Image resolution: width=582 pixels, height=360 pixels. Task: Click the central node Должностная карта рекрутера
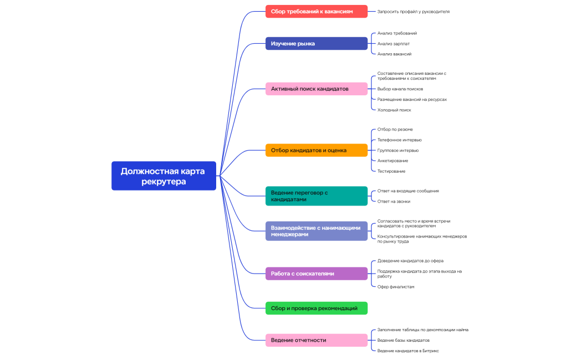(x=164, y=176)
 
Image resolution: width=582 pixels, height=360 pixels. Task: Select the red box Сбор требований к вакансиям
(x=316, y=11)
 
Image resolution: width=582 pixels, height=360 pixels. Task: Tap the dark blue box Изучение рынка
(x=316, y=43)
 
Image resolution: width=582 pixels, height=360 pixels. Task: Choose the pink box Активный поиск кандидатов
(x=316, y=89)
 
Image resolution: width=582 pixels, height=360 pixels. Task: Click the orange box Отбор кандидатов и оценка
(x=316, y=150)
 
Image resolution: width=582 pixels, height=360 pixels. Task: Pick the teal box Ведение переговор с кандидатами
(x=316, y=196)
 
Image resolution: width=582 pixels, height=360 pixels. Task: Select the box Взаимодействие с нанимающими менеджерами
(x=316, y=230)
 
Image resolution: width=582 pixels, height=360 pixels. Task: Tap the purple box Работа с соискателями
(x=316, y=273)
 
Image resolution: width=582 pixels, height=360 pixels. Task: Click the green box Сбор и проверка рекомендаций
(x=316, y=308)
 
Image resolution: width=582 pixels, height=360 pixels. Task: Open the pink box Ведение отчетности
(x=316, y=340)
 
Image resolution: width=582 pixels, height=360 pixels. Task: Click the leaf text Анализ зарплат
(x=394, y=44)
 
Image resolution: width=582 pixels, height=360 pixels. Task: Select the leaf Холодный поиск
(x=394, y=110)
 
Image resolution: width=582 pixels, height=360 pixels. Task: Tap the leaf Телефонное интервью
(x=399, y=140)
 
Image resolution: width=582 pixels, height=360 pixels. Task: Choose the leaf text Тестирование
(x=391, y=171)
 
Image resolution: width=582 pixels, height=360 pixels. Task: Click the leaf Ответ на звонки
(x=394, y=201)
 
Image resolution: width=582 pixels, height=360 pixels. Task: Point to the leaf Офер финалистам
(x=396, y=286)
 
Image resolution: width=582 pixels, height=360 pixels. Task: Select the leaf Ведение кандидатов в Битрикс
(x=408, y=351)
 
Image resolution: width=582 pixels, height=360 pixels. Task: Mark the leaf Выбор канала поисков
(x=400, y=89)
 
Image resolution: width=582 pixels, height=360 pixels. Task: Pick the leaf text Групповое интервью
(x=398, y=150)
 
